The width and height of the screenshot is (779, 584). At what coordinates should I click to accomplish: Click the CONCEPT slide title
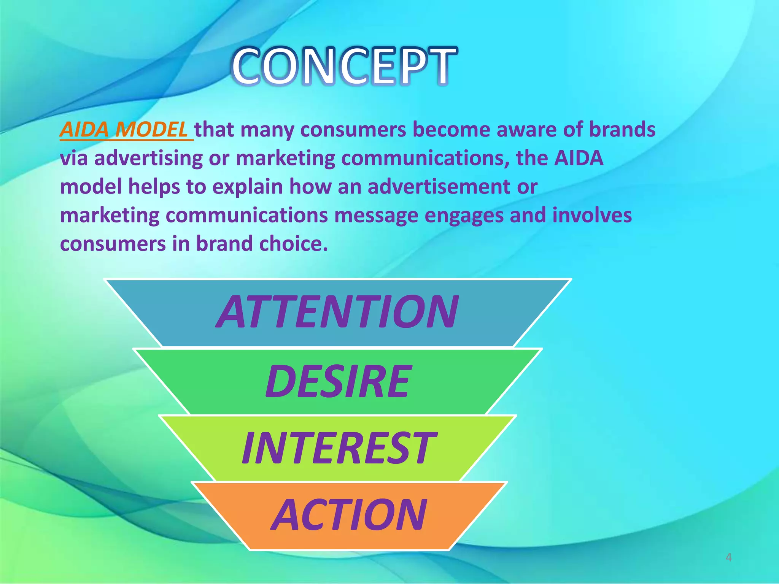click(345, 66)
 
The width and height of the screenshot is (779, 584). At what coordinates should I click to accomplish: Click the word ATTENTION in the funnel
click(337, 312)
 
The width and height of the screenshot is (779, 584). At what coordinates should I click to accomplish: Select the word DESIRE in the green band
click(338, 381)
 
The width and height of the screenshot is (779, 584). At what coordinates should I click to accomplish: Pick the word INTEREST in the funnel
click(338, 448)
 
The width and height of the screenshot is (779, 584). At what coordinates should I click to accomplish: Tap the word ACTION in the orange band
click(348, 515)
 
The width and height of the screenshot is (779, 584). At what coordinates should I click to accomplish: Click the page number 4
click(728, 557)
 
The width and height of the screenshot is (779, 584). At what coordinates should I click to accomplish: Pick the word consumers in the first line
click(353, 130)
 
